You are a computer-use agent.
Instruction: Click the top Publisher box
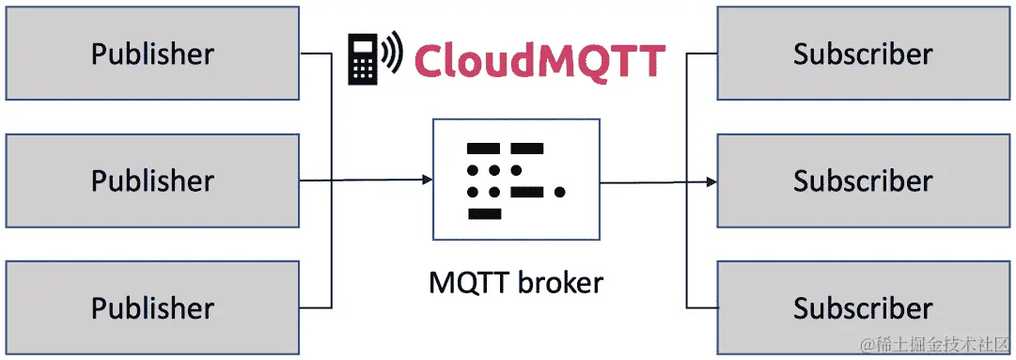point(152,54)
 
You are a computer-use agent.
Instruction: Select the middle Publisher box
point(152,180)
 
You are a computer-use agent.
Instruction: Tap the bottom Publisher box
point(152,307)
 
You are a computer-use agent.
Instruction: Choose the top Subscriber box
point(863,54)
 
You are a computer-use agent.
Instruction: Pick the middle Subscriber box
point(863,180)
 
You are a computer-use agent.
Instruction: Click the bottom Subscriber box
point(863,307)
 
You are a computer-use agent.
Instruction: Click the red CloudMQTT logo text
point(539,60)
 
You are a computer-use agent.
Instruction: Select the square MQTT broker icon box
point(515,180)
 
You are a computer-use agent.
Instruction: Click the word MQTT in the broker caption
point(466,281)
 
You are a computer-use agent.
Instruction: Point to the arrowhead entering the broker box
point(425,180)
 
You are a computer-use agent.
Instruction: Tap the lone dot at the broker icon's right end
point(560,193)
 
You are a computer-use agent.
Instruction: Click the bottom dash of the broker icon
point(484,214)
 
